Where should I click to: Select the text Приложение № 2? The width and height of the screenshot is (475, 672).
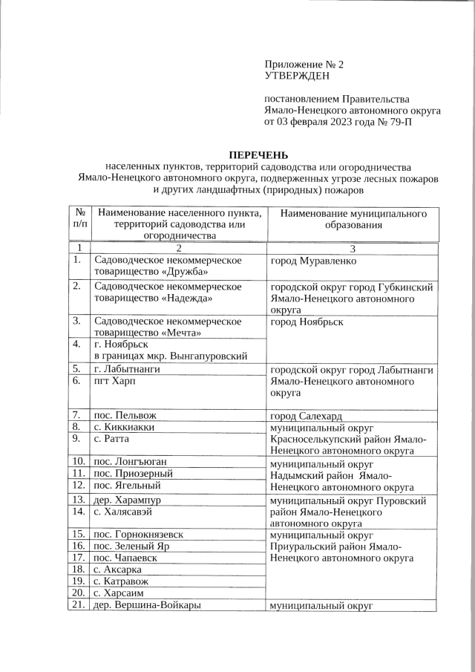point(304,65)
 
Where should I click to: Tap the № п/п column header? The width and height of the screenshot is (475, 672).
point(79,218)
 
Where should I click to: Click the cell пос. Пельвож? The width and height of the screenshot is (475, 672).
point(124,415)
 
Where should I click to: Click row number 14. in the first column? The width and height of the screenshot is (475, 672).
point(78,512)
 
